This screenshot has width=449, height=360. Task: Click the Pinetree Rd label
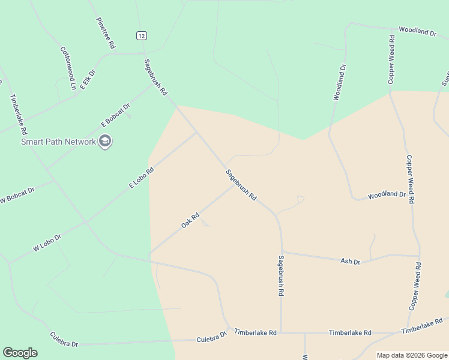click(x=106, y=33)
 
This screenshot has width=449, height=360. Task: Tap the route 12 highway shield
click(x=141, y=36)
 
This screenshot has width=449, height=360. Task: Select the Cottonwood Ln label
click(x=67, y=68)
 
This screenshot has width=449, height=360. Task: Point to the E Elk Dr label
click(x=88, y=79)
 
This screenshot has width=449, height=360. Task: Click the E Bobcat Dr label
click(x=116, y=115)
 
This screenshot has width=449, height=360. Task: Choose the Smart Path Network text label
click(x=58, y=142)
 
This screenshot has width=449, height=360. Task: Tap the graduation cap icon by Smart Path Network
click(x=106, y=142)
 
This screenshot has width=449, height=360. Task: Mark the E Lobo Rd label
click(x=142, y=178)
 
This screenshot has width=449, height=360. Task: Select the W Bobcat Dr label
click(x=17, y=195)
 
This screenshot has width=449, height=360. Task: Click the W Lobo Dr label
click(x=47, y=242)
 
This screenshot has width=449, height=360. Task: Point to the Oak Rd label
click(x=190, y=221)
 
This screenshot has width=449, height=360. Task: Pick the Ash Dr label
click(x=350, y=262)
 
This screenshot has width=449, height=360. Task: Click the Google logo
click(x=20, y=353)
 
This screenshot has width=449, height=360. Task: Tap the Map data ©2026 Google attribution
click(x=412, y=355)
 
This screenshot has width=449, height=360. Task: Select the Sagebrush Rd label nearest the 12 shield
click(x=155, y=78)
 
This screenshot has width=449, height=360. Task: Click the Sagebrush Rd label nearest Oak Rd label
click(x=241, y=185)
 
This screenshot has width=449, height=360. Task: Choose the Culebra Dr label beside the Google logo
click(x=64, y=340)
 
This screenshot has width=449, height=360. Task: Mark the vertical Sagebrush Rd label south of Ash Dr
click(x=280, y=276)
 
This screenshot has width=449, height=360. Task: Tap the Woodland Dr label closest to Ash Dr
click(x=387, y=195)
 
